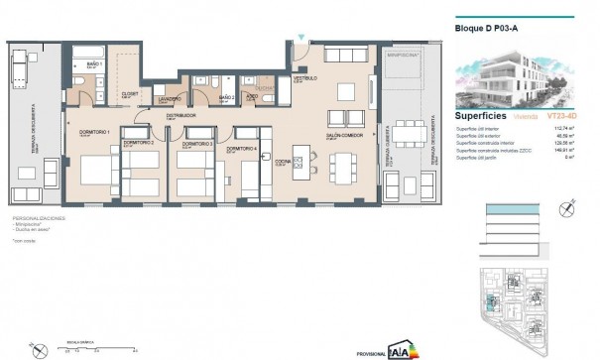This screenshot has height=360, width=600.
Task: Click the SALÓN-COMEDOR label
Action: click(342, 136)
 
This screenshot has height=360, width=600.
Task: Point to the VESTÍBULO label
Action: click(302, 77)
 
